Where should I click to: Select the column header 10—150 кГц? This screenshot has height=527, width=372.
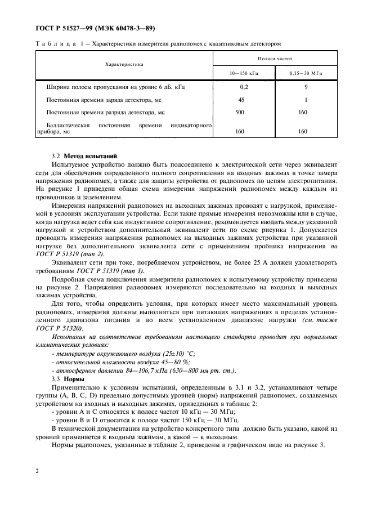tap(243, 73)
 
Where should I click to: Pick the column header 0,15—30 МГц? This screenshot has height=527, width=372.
tap(304, 73)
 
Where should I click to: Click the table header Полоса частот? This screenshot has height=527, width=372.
tap(274, 58)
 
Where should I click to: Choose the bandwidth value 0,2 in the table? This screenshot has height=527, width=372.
tap(243, 88)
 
